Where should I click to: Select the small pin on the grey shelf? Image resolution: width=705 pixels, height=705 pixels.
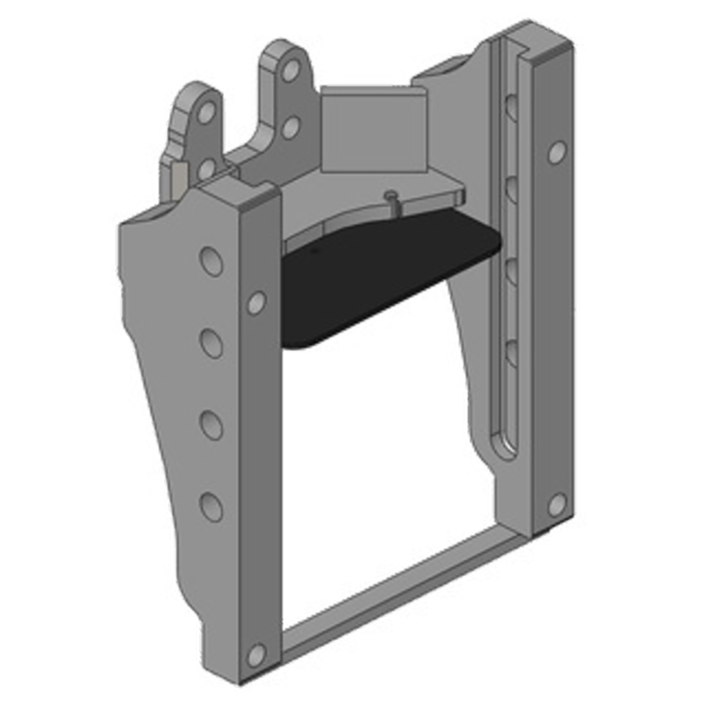pos(390,198)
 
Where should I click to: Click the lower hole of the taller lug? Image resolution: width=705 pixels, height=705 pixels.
pos(290,128)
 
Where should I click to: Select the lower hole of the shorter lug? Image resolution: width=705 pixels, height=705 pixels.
pos(205,168)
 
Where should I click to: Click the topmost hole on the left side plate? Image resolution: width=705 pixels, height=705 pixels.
pos(211,261)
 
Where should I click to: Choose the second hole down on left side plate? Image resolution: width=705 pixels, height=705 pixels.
pos(211,342)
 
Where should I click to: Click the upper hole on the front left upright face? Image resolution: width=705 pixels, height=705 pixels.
pos(256,303)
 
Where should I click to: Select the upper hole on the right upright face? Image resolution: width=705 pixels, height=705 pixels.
pos(556,152)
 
